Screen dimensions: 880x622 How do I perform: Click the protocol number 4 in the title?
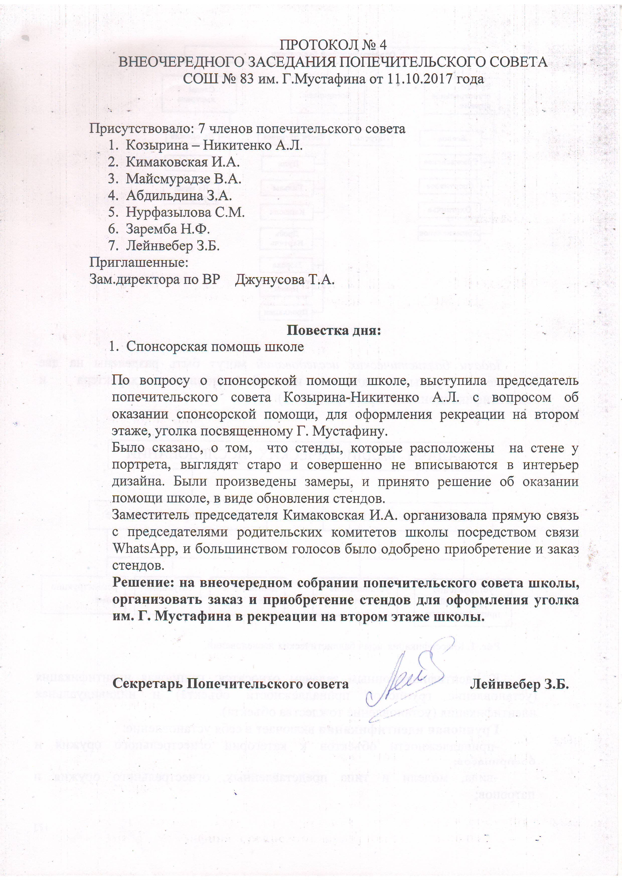click(x=382, y=45)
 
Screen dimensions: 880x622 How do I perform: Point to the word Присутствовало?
click(x=139, y=128)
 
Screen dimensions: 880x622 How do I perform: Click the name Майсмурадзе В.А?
click(x=183, y=179)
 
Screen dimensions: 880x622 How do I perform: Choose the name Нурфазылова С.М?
click(x=185, y=212)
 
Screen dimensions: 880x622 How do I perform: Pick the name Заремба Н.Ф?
click(x=168, y=229)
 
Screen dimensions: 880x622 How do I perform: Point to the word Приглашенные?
click(x=139, y=263)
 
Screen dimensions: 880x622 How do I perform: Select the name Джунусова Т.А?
click(x=285, y=280)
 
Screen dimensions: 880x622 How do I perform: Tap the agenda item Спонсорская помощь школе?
click(x=215, y=347)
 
